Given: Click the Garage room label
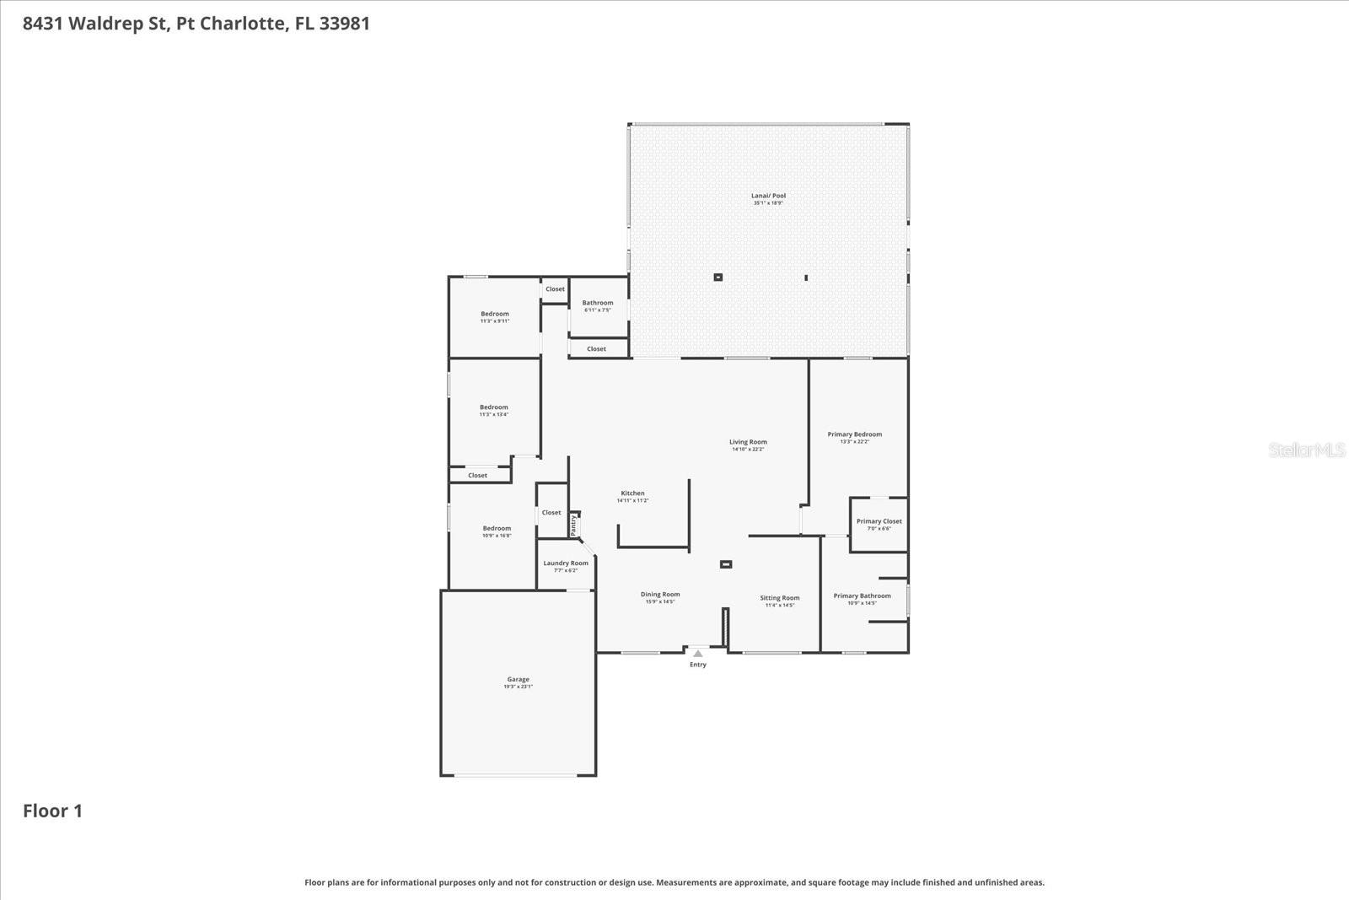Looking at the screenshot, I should click(x=518, y=680).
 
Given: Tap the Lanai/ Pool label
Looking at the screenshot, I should click(x=768, y=196).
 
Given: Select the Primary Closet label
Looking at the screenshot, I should click(x=879, y=521).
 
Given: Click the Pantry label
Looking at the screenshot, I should click(x=573, y=525).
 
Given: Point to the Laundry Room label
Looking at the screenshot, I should click(x=566, y=563).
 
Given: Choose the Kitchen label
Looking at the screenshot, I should click(x=632, y=493).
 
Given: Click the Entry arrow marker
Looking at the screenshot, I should click(x=697, y=654).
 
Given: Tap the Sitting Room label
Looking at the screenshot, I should click(x=779, y=598).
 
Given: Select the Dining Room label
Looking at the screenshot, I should click(x=659, y=595).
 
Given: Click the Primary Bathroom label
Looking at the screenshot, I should click(x=862, y=596).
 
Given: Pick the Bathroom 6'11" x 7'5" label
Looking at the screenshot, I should click(x=598, y=303).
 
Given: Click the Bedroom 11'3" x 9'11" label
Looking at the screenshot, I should click(x=495, y=314).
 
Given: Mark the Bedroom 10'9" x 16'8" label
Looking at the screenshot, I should click(x=497, y=529).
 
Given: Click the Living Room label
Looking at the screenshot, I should click(x=748, y=442).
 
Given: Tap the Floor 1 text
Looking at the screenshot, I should click(x=52, y=811).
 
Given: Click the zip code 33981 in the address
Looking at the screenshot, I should click(x=344, y=23).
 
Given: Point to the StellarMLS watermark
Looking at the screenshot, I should click(x=1306, y=450).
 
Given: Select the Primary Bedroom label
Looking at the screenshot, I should click(x=854, y=434).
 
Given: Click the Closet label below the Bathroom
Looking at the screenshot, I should click(x=596, y=348).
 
